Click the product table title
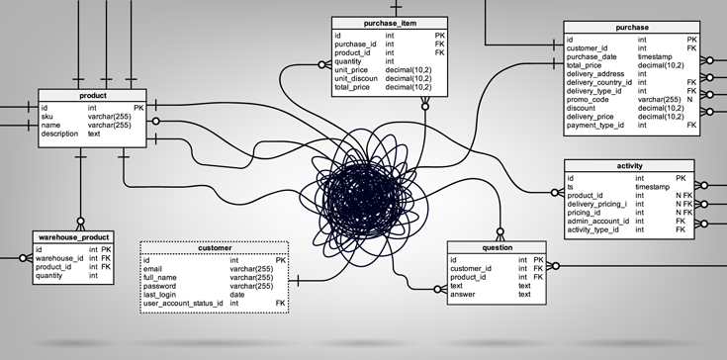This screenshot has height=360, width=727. pos(92,95)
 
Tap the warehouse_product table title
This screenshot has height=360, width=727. pos(73,238)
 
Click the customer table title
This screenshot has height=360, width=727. pos(215,247)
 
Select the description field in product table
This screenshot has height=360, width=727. pos(59,134)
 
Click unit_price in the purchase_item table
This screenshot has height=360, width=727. pos(353,69)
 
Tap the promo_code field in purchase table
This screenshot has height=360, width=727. pos(589,100)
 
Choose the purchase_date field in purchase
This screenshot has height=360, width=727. pos(593,56)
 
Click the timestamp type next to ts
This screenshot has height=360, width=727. pos(654,187)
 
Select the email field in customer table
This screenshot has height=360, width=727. pos(152,268)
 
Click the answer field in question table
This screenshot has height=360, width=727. pos(464,294)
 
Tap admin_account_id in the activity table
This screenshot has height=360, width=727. pos(597,221)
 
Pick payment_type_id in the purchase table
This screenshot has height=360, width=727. pos(596,126)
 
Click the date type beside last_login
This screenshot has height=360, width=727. pos(237,295)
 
